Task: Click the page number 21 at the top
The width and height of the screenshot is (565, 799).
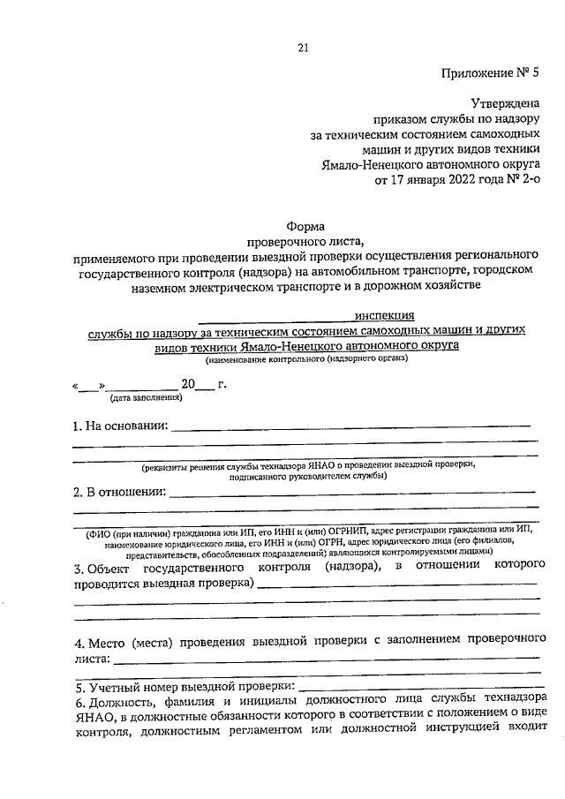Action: tap(303, 48)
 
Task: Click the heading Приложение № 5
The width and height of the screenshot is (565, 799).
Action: tap(489, 72)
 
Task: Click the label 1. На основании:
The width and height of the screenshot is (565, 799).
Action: tap(120, 426)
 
